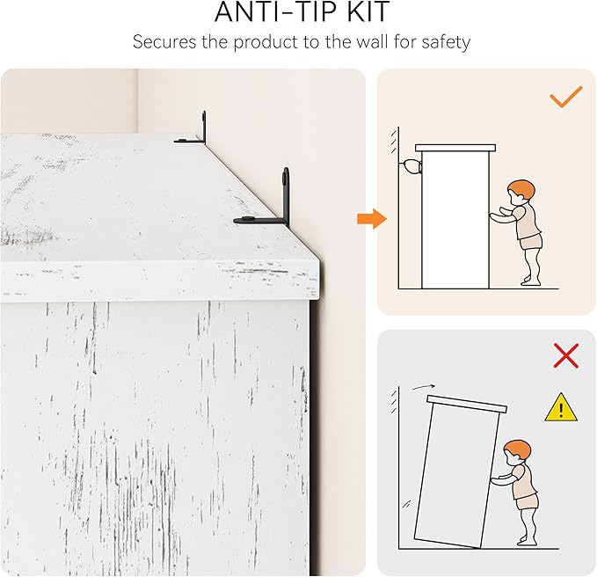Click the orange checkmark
[x=565, y=97]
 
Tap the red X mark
[x=566, y=355]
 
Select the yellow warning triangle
[x=561, y=408]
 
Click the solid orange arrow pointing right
[x=372, y=219]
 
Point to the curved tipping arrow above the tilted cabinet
[x=424, y=387]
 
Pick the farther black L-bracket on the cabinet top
[x=193, y=129]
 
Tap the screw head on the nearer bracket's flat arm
[x=248, y=219]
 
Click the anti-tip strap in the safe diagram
[x=411, y=167]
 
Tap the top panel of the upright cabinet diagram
[x=455, y=148]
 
